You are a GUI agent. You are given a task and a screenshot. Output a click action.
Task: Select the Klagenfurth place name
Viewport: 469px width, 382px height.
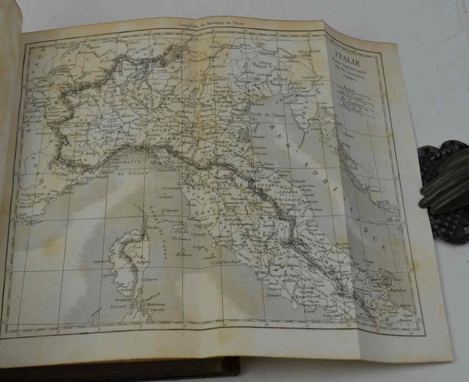coord(305,52)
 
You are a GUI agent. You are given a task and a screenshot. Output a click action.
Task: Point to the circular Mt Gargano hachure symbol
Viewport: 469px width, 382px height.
coord(385,280)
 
